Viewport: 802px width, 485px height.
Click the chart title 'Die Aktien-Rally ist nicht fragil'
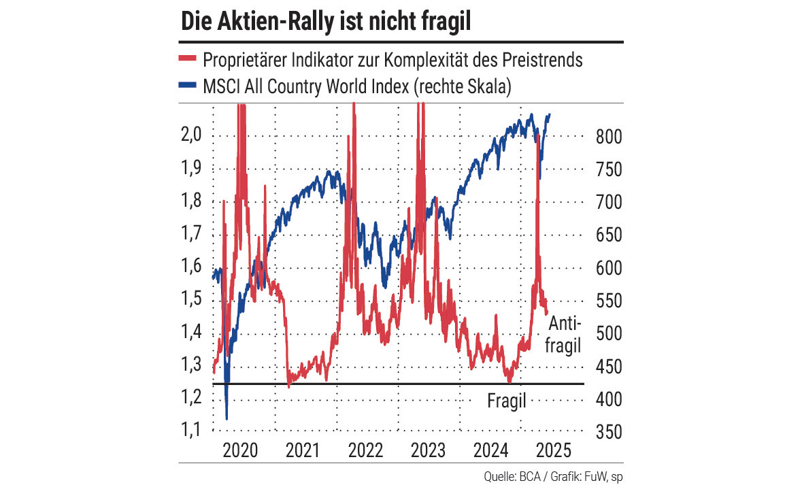[326, 21]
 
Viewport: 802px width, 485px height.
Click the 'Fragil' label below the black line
[507, 401]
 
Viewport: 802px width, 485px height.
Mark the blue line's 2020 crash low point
[227, 418]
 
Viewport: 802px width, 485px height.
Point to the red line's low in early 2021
[289, 386]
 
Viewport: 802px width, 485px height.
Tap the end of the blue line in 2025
[550, 114]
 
